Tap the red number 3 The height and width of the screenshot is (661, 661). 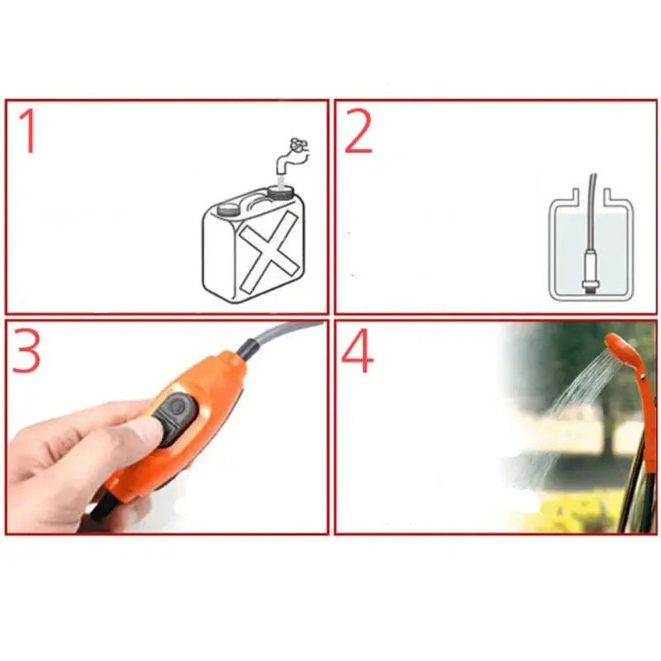tap(26, 350)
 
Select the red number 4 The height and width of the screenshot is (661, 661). tap(357, 352)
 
